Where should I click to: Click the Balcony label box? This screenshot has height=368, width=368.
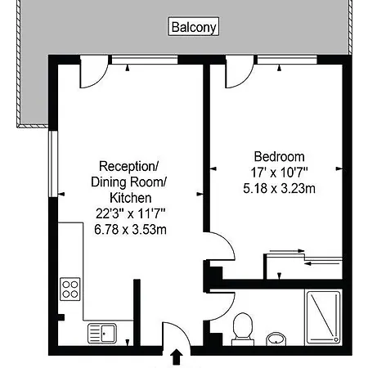click(x=194, y=26)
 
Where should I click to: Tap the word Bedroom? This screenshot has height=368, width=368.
click(x=279, y=157)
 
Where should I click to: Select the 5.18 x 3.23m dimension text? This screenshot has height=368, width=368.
click(x=279, y=188)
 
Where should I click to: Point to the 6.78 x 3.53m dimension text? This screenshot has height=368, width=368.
click(x=130, y=230)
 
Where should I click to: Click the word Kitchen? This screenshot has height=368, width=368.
click(x=130, y=198)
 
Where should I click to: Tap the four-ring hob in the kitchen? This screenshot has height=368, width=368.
click(x=70, y=289)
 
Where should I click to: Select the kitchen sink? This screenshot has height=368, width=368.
click(x=102, y=333)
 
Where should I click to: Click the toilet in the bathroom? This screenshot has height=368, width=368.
click(x=243, y=329)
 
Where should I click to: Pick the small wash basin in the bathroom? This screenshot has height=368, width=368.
click(x=276, y=339)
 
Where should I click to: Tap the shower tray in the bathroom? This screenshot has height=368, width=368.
click(x=323, y=317)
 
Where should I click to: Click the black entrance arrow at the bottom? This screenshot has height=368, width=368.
click(x=177, y=357)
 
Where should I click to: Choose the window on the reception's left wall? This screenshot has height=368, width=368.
click(x=53, y=164)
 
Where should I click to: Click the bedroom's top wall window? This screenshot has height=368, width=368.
click(x=287, y=60)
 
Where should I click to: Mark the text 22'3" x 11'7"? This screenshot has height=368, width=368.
click(x=130, y=213)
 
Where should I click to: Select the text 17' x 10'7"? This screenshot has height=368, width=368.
click(x=279, y=173)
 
